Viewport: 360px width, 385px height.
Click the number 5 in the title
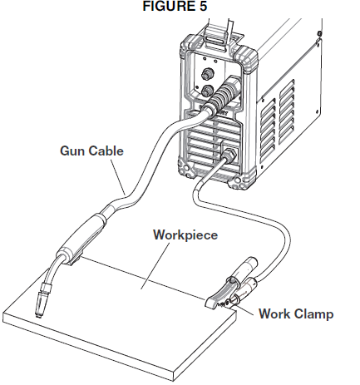pyautogui.click(x=202, y=7)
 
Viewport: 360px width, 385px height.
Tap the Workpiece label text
pyautogui.click(x=185, y=234)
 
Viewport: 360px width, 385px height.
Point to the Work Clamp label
pyautogui.click(x=295, y=314)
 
